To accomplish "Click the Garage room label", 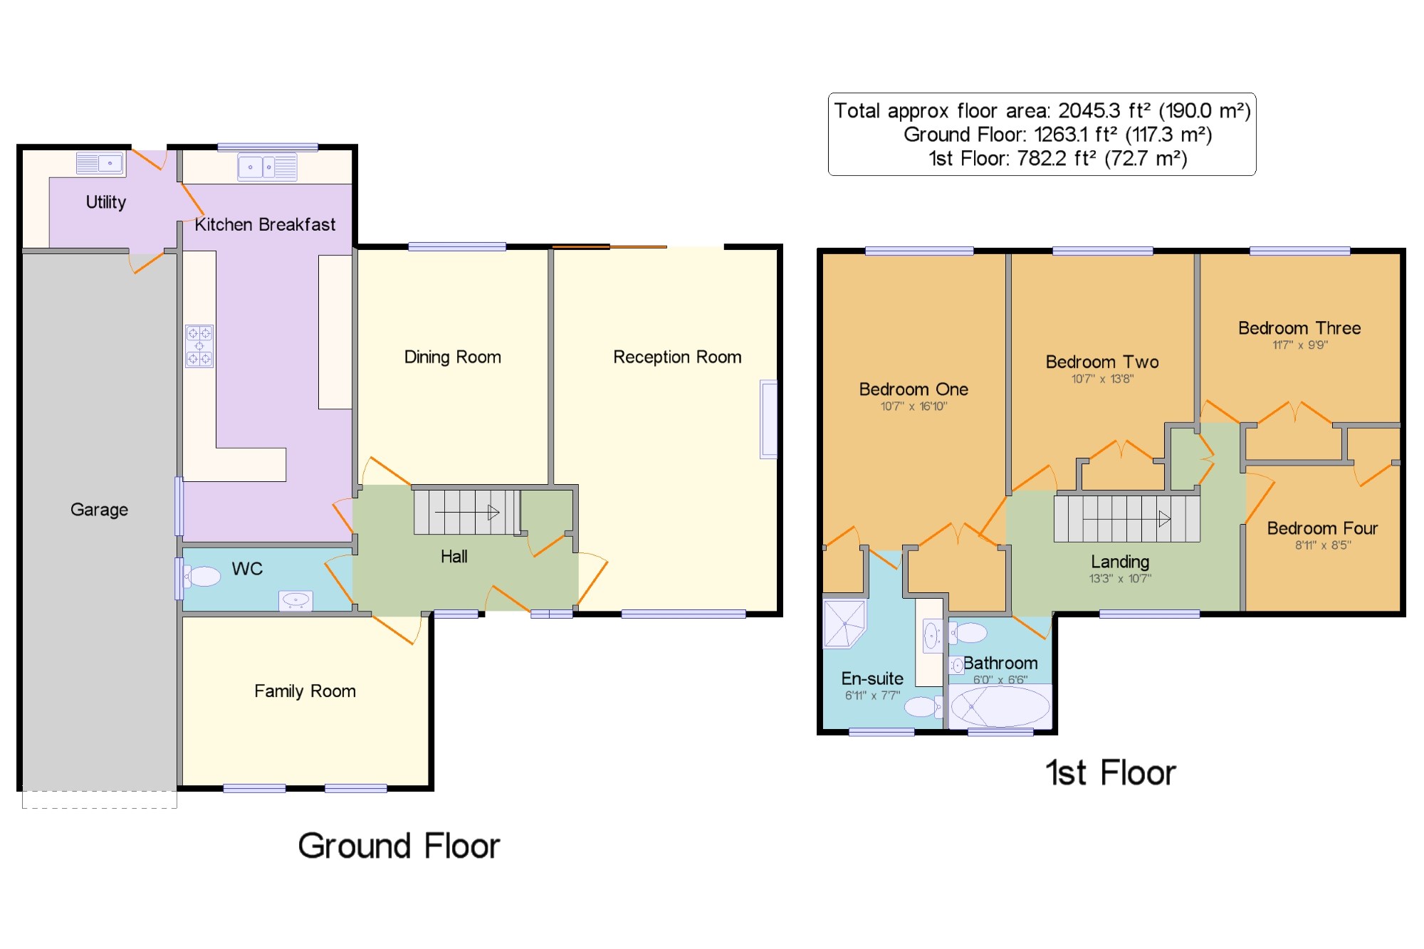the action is pos(99,510).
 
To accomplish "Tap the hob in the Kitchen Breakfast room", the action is pos(199,346).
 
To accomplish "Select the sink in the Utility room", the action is pos(100,164).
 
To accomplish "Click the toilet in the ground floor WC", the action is pos(201,576).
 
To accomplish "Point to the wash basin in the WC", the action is pos(295,601).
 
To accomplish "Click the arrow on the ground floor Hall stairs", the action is pos(467,512).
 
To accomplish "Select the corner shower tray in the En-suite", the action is pos(844,624).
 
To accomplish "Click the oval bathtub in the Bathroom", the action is pos(1000,706).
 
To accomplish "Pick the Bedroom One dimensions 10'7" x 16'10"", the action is pos(913,407).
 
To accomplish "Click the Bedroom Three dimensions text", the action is pos(1300,345).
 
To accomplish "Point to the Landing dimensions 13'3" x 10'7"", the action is pos(1120,579).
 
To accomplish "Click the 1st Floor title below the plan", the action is pos(1111,773).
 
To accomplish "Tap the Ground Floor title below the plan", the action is pos(399,846).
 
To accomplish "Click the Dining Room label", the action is pos(453,357).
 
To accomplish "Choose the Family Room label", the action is pos(305,691).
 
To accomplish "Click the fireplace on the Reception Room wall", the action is pos(768,419).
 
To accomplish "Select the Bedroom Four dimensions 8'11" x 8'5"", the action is pos(1323,545).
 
